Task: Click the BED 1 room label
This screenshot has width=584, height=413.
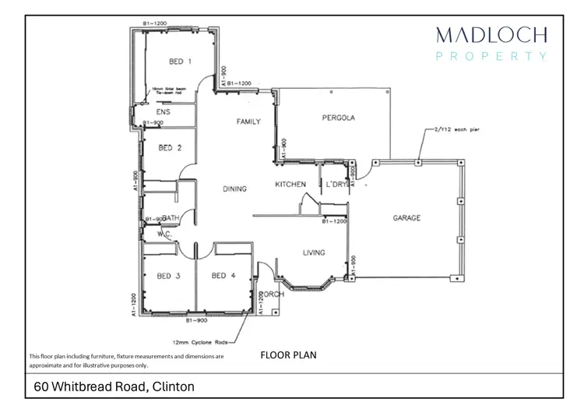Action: tap(180, 61)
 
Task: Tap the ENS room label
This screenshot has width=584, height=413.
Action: tap(164, 113)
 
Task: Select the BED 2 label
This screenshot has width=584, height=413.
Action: tap(170, 147)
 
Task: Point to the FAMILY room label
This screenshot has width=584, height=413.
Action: tap(248, 122)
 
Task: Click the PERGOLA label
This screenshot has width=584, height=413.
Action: tap(339, 118)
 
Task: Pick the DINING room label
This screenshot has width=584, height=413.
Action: tap(234, 189)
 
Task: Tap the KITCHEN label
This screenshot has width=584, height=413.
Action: tap(290, 185)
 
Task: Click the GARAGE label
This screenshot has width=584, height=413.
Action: tap(406, 218)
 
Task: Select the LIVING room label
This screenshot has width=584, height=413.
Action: tap(314, 252)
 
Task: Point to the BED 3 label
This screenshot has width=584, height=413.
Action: tap(169, 276)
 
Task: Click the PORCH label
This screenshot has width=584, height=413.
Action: tap(270, 294)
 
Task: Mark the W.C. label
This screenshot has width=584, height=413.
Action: tap(164, 233)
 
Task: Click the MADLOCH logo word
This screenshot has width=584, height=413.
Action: tap(491, 34)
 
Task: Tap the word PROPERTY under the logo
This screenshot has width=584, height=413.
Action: tap(491, 56)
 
